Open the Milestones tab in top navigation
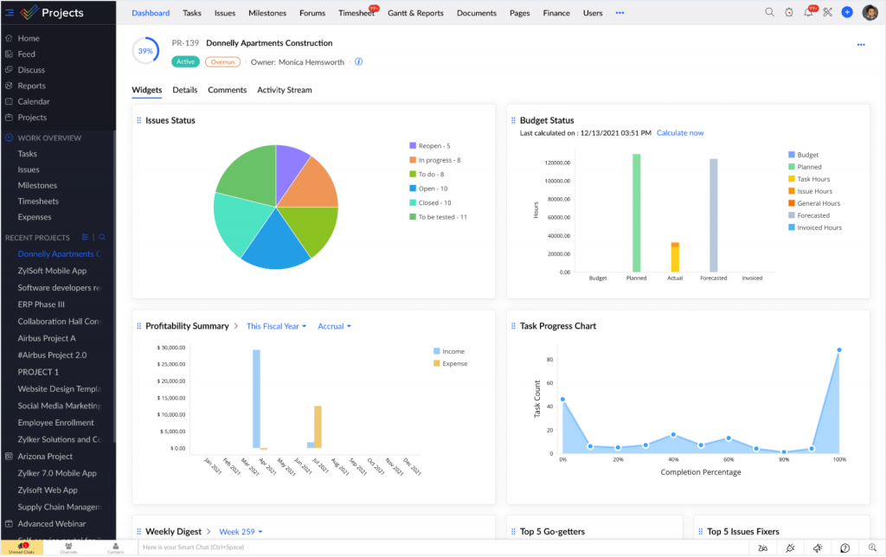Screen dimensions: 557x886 click(267, 13)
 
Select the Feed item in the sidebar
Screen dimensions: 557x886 click(27, 54)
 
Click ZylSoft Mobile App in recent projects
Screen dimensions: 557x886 click(52, 271)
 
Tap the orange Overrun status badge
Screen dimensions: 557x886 click(222, 61)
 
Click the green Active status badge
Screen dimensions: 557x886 click(185, 61)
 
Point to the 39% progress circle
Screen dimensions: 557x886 click(145, 51)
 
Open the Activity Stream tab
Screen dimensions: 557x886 click(284, 90)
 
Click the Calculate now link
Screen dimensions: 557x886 click(680, 133)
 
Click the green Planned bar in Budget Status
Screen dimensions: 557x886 click(636, 212)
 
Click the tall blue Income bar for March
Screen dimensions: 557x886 click(256, 398)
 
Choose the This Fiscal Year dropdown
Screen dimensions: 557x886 click(276, 326)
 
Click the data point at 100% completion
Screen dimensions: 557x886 click(838, 350)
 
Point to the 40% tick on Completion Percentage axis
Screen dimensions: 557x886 click(673, 460)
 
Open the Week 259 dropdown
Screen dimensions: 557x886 click(241, 531)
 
